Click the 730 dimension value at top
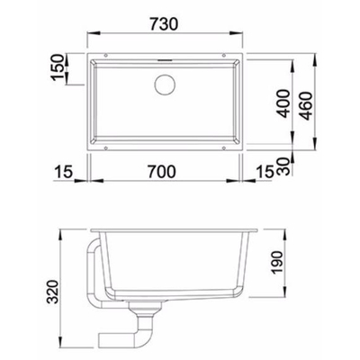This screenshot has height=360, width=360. point(164,24)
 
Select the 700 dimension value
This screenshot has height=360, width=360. point(161,172)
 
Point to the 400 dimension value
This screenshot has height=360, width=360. point(283,103)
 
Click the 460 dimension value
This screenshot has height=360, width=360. point(306,106)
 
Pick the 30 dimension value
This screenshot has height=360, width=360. point(283,166)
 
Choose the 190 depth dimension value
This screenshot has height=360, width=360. point(276,263)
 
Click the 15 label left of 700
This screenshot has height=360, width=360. point(64,172)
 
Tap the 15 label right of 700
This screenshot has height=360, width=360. point(265,172)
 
